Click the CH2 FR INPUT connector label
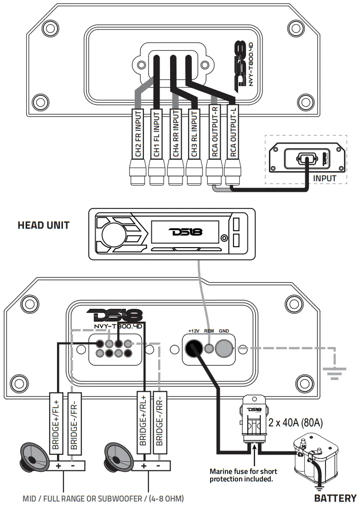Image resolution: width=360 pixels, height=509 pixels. (137, 134)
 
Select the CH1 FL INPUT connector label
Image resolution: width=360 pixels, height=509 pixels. (156, 134)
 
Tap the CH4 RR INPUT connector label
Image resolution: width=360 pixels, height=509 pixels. (175, 134)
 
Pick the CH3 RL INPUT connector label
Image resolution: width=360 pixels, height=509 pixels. (194, 134)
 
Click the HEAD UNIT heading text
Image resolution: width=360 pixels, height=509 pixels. (44, 225)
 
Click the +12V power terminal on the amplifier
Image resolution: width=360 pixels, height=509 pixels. (193, 348)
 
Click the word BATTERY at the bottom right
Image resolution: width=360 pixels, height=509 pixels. (335, 498)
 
